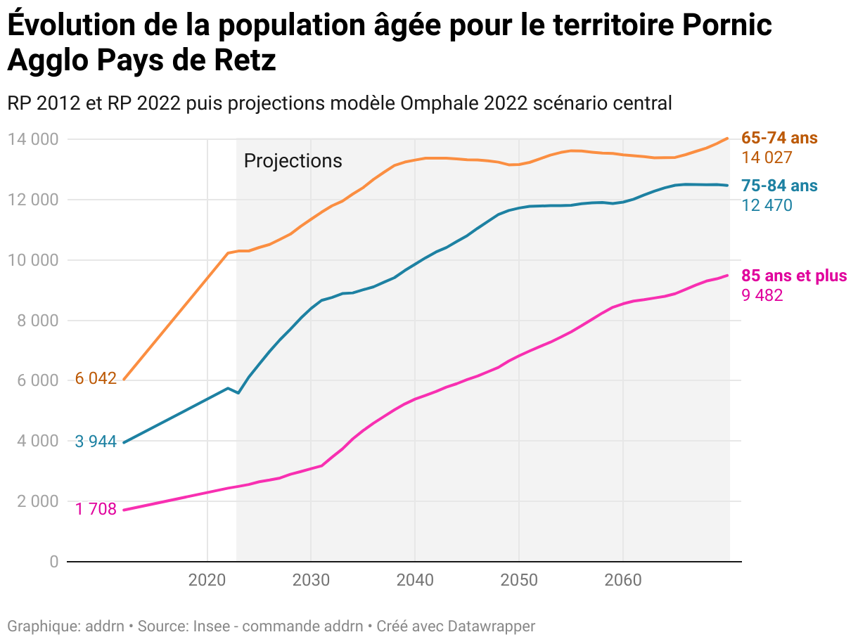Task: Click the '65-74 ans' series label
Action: click(x=779, y=139)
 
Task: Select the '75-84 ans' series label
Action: click(x=779, y=186)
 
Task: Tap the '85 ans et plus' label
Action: click(x=794, y=276)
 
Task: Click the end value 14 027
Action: click(x=767, y=158)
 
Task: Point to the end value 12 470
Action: click(x=767, y=205)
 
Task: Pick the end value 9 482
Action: click(x=762, y=295)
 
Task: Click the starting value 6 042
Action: click(x=96, y=379)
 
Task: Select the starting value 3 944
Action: click(x=96, y=442)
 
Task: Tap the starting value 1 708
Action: click(x=96, y=509)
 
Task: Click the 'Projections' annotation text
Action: click(x=293, y=161)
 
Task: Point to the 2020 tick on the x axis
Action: click(x=207, y=581)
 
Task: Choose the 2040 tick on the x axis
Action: click(x=415, y=581)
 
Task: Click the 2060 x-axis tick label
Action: click(x=622, y=581)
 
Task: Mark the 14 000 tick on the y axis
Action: click(x=33, y=139)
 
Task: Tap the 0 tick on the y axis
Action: click(x=53, y=562)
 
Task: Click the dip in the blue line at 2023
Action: click(x=238, y=392)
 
